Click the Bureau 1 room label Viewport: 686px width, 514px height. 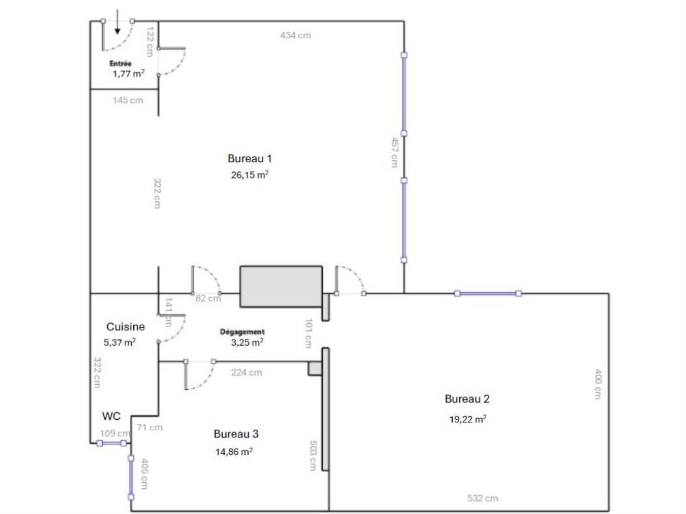(249, 158)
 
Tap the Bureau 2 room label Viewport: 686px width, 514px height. (466, 399)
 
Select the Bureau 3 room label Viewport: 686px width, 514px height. (236, 434)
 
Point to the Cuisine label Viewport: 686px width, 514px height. (125, 327)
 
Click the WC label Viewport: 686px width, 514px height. (111, 415)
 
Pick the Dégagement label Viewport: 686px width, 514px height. (242, 332)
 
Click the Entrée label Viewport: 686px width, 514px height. (121, 64)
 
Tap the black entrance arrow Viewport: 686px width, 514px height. (117, 24)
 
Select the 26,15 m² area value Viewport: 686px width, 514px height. (249, 175)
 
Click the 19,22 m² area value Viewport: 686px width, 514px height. (468, 419)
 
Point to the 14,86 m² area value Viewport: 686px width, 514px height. (234, 452)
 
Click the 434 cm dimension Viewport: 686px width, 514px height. (296, 35)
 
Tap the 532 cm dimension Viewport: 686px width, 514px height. (483, 498)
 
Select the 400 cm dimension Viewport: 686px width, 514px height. (598, 384)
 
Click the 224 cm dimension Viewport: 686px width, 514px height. (246, 373)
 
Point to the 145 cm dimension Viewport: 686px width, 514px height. (128, 100)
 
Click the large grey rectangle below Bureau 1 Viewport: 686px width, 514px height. (281, 286)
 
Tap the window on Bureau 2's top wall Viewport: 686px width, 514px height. (488, 293)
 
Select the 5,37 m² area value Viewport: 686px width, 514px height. (121, 342)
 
